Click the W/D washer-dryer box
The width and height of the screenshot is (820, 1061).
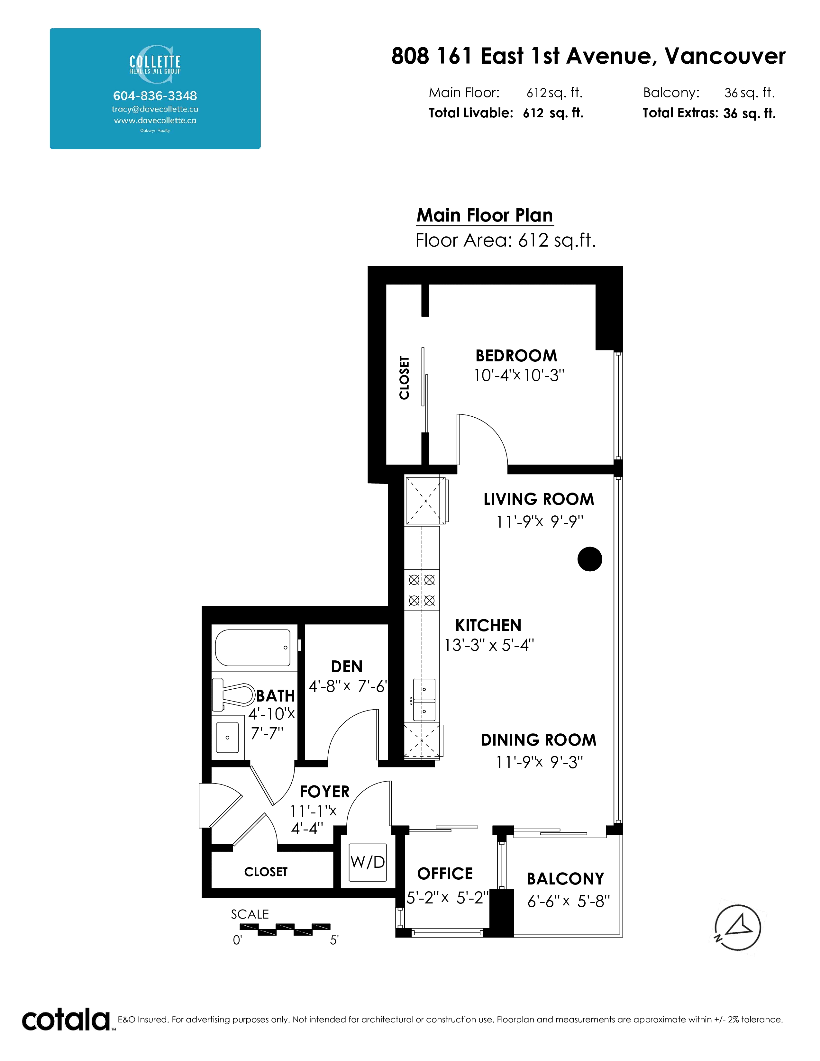368,862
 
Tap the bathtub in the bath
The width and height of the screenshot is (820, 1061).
253,648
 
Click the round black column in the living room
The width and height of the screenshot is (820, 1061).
590,559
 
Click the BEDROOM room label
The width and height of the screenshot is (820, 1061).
516,356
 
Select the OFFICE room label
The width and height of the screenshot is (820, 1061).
445,874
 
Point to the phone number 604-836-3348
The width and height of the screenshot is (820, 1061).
155,96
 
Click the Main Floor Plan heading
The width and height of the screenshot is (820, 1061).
485,215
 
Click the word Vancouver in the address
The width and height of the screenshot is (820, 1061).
725,56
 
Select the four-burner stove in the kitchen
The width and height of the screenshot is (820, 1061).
422,590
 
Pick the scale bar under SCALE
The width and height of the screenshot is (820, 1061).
285,930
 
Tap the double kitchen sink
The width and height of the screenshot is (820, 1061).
424,700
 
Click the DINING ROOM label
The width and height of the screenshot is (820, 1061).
538,740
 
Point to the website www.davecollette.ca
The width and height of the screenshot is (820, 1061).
155,121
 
